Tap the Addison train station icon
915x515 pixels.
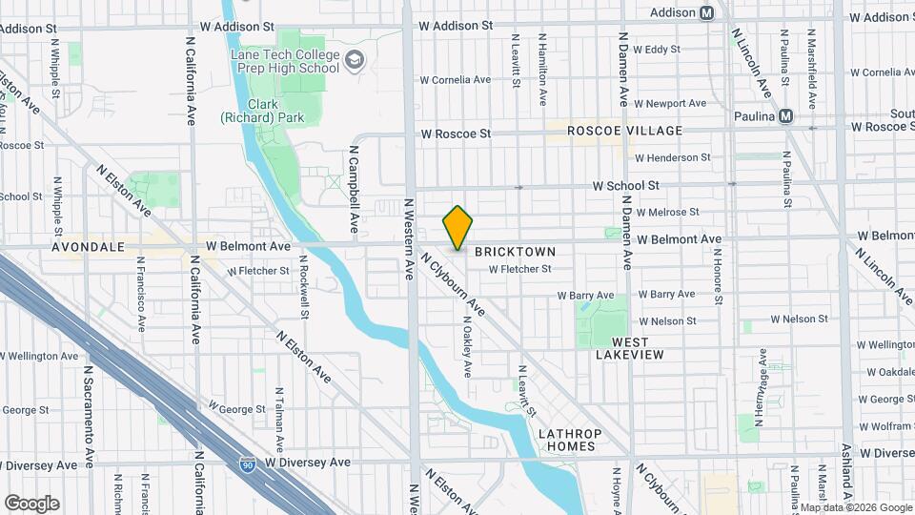pos(706,13)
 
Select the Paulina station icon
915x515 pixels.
pos(785,116)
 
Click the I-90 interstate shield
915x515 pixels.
pos(247,463)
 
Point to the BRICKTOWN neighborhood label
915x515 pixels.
pos(515,252)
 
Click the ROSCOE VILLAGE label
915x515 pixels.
pos(625,131)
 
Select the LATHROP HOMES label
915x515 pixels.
pos(568,440)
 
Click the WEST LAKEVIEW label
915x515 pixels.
pos(629,348)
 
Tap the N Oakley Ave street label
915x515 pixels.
pos(467,346)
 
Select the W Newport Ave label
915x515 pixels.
pos(671,103)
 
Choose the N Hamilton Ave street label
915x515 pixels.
pos(542,72)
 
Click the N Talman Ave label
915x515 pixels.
pos(278,418)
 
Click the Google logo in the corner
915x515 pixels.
pos(31,503)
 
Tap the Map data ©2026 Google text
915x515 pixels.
pos(855,507)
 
